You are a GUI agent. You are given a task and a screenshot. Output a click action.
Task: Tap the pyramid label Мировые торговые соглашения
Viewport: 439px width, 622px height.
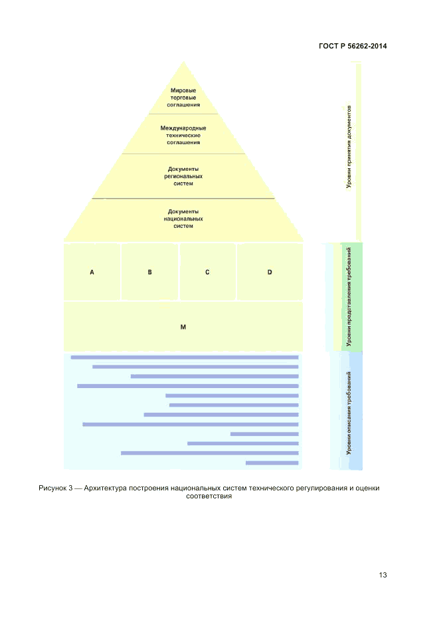pos(183,98)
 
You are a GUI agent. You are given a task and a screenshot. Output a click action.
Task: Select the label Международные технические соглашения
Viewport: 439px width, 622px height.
pos(183,135)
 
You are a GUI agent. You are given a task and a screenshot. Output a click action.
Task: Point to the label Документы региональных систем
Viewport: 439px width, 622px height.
pos(183,176)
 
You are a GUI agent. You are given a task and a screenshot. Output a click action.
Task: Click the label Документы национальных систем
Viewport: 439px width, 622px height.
pos(183,218)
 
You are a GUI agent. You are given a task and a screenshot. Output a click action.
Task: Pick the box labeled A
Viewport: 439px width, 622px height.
pos(92,272)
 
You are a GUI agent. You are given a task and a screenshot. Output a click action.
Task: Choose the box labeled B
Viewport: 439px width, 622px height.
pos(150,272)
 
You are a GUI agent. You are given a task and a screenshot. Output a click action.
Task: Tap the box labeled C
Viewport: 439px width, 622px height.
pos(207,272)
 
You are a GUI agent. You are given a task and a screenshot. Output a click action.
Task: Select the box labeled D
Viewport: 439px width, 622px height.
pos(270,272)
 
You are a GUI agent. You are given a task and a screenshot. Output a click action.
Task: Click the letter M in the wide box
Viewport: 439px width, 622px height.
pos(183,327)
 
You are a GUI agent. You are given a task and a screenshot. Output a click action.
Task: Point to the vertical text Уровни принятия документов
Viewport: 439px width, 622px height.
pos(349,146)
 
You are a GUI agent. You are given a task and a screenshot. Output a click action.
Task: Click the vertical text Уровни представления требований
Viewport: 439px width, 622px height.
pos(349,296)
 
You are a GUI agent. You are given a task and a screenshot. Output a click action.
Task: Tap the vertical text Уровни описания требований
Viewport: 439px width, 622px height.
pos(349,412)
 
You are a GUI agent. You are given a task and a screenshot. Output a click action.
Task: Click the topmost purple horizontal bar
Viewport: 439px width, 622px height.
pos(184,357)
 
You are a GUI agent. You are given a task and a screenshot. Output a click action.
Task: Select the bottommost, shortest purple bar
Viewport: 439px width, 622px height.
pos(272,463)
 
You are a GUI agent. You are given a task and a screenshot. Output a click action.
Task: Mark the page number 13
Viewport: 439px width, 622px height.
pos(383,575)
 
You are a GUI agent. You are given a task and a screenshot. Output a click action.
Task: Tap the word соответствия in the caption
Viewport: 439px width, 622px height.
pos(209,496)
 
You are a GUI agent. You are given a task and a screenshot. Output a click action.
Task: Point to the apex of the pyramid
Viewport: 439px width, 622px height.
pos(183,62)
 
